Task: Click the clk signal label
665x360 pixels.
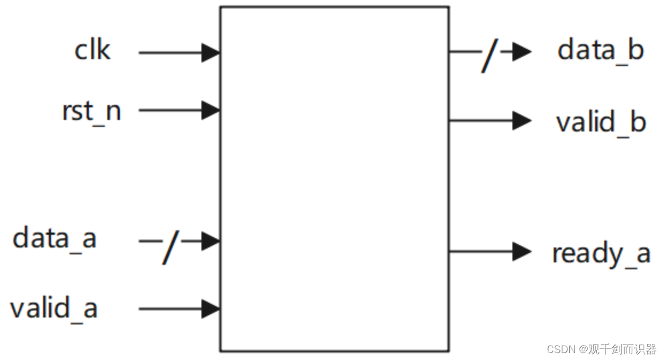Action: coord(92,51)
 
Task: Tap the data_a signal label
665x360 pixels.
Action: coord(55,238)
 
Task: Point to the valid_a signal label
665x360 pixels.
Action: coord(54,308)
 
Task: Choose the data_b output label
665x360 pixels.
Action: coord(601,51)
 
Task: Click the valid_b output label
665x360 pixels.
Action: coord(601,122)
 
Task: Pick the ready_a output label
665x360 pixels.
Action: coord(601,253)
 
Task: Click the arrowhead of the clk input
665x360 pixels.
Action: coord(211,53)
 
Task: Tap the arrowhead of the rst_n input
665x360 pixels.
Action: coord(211,110)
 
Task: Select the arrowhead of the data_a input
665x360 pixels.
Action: coord(211,241)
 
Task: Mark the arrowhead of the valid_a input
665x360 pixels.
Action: coord(211,309)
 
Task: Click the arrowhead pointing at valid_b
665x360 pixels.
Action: coord(522,121)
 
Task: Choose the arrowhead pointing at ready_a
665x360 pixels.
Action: coord(522,251)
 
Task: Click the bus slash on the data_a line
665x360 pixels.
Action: coord(170,247)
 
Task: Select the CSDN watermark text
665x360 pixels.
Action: coord(601,349)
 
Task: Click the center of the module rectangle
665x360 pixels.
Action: coord(335,179)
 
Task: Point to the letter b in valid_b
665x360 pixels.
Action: coord(638,121)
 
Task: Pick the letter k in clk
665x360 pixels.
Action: coord(103,50)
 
